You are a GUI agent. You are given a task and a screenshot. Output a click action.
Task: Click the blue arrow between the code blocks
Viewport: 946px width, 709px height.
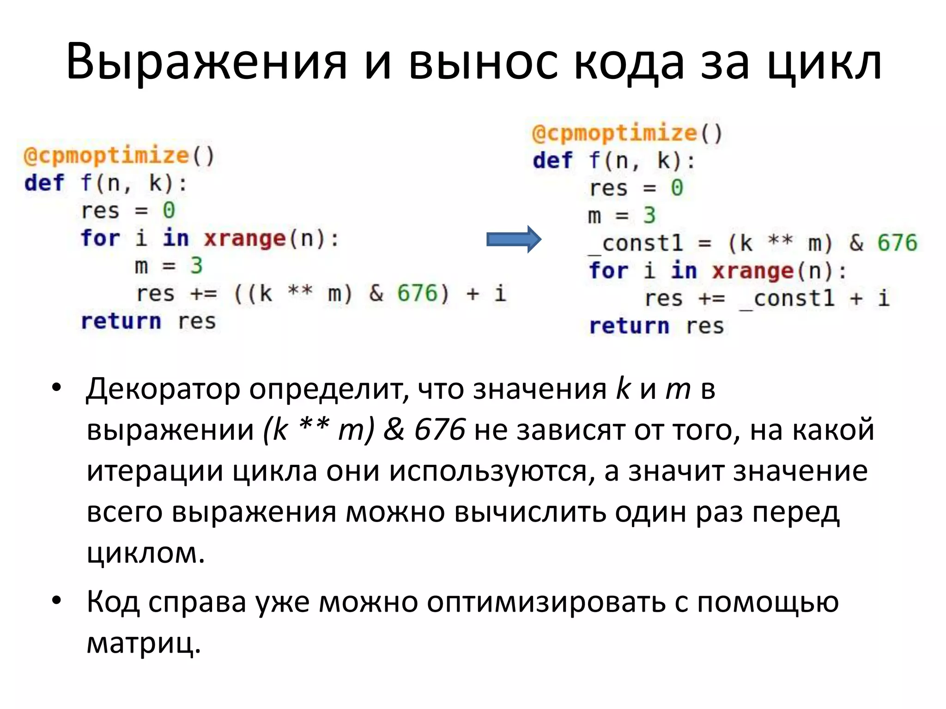coord(513,239)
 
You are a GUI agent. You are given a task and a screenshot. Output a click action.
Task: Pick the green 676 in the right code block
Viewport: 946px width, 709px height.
coord(897,243)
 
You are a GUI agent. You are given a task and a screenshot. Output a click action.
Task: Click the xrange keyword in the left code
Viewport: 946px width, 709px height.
coord(245,239)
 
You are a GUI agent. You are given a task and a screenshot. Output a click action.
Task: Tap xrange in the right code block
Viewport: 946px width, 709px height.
coord(753,271)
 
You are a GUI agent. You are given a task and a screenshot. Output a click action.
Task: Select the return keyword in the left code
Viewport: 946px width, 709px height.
coord(121,321)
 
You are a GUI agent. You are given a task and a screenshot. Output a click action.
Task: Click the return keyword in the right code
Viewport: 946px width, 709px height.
coord(629,326)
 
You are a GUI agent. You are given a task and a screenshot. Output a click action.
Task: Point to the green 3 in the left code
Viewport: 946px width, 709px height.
coord(196,266)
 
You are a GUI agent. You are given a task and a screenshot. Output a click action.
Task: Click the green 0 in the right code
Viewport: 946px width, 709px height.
coord(677,188)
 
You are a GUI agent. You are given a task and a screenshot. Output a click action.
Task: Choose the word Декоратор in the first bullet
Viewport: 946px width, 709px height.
coord(163,389)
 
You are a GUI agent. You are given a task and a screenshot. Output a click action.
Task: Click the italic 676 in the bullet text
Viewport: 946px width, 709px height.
coord(439,430)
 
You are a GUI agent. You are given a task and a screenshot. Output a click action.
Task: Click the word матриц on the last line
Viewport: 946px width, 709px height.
coord(144,643)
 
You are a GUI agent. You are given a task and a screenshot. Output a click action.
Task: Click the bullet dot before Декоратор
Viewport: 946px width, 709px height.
coord(56,388)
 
